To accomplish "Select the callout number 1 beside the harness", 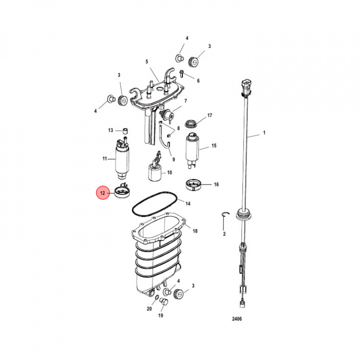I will point(264,134).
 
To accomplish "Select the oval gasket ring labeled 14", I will point(152,204).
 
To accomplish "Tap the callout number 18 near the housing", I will point(195,231).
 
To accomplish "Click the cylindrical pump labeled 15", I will point(193,148).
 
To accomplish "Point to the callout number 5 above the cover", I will point(147,61).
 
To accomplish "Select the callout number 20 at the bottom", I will point(149,309).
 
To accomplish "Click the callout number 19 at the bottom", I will point(160,316).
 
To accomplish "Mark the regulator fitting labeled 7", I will point(167,115).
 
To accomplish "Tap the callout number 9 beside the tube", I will point(173,159).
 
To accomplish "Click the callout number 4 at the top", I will point(187,38).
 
